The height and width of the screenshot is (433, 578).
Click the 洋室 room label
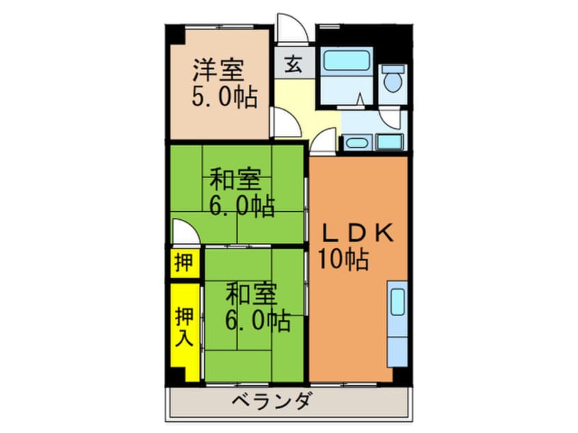tap(219, 70)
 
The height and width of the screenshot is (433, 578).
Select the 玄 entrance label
tap(294, 64)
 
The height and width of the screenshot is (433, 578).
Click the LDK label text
tap(358, 233)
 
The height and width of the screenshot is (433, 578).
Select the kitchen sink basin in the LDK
tap(398, 301)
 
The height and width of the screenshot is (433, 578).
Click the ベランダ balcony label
tap(273, 401)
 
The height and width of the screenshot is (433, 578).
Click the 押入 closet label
tap(184, 326)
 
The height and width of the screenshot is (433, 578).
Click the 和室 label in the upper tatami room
tap(235, 179)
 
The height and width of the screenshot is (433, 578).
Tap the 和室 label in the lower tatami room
tap(251, 294)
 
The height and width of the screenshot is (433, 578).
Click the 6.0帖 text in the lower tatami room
tap(258, 321)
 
